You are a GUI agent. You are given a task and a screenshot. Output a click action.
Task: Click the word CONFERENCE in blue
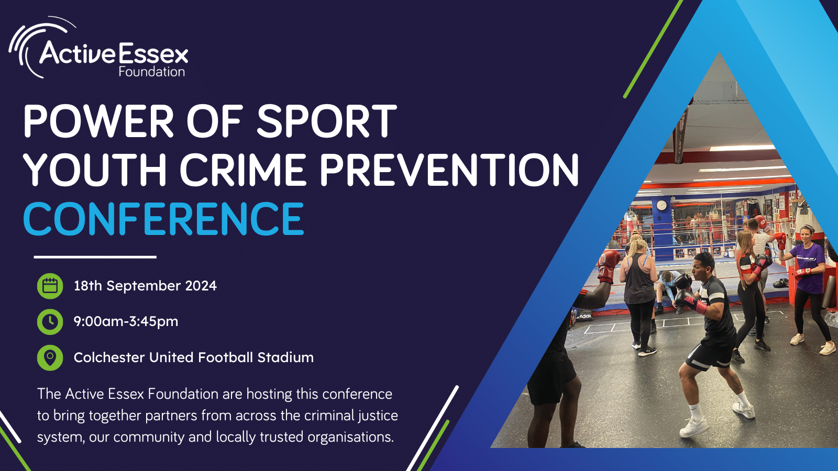(163, 219)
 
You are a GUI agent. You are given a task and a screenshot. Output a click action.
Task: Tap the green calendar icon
(50, 286)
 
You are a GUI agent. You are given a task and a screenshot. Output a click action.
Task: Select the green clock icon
(50, 321)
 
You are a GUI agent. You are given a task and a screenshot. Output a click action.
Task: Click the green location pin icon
(50, 358)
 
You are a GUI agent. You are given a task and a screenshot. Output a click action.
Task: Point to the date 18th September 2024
(145, 286)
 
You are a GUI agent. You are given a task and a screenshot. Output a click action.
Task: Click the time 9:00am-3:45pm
(126, 321)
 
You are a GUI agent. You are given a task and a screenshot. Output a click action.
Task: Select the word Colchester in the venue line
(109, 357)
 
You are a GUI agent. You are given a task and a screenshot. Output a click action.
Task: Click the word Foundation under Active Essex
(152, 71)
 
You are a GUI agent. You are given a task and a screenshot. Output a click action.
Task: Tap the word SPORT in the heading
(326, 121)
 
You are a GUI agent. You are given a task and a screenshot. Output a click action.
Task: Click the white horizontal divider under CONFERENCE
(95, 257)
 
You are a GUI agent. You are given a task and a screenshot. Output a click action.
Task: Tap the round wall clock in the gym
(661, 205)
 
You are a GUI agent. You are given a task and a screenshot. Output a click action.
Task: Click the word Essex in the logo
(153, 54)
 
